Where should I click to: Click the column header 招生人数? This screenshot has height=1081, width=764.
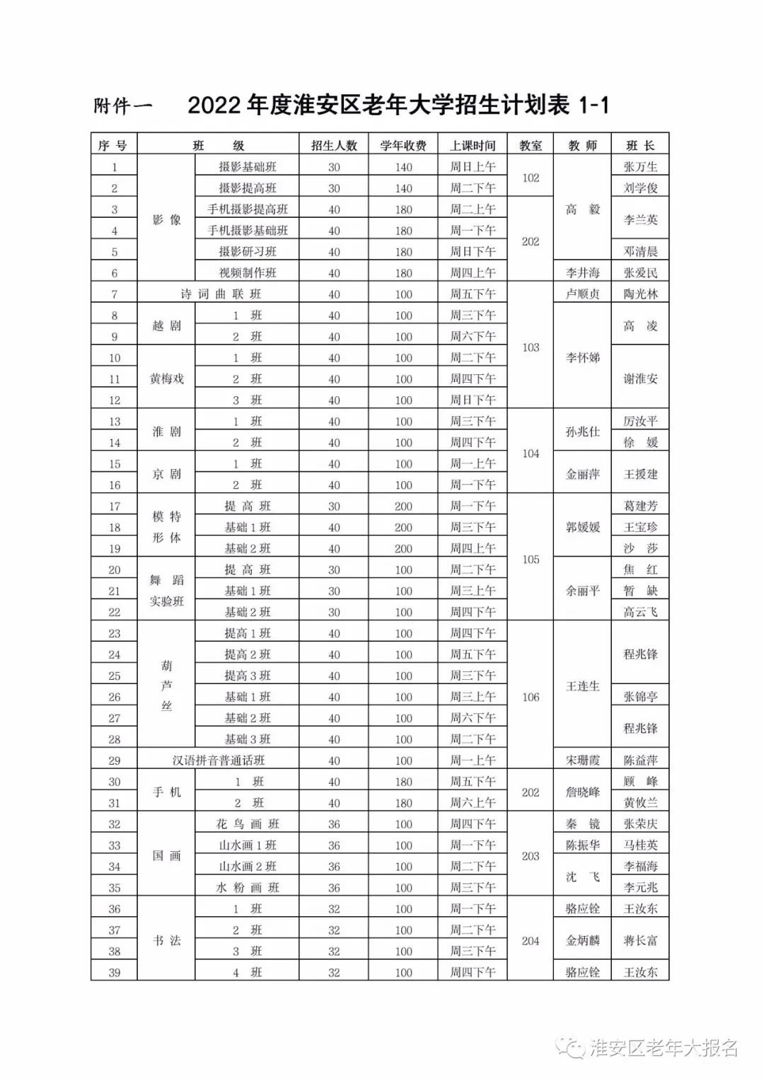click(334, 146)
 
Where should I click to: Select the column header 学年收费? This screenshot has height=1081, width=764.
click(403, 146)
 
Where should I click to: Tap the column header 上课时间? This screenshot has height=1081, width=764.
click(473, 146)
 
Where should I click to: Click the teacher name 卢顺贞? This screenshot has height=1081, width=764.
click(583, 294)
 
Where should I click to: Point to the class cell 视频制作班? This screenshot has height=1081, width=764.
click(248, 273)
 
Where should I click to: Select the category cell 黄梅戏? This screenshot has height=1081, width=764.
click(167, 379)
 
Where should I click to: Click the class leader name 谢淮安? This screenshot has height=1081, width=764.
click(640, 379)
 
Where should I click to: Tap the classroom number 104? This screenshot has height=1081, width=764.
click(531, 453)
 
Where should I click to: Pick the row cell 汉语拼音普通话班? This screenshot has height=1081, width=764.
click(219, 761)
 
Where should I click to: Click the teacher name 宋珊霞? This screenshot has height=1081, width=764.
click(583, 761)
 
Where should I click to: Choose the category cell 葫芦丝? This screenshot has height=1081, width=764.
click(167, 686)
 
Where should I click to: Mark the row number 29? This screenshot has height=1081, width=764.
click(115, 761)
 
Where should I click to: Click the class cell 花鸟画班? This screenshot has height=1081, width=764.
click(248, 824)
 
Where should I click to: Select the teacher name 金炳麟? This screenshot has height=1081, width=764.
click(583, 941)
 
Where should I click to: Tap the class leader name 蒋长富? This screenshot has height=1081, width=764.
click(640, 941)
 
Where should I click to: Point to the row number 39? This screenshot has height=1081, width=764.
click(115, 973)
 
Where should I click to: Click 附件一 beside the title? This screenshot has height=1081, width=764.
click(123, 107)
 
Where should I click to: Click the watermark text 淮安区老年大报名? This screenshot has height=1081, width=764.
click(664, 1048)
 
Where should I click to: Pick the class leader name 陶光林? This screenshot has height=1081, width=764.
click(640, 294)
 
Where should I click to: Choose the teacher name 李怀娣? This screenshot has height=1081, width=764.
click(583, 358)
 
